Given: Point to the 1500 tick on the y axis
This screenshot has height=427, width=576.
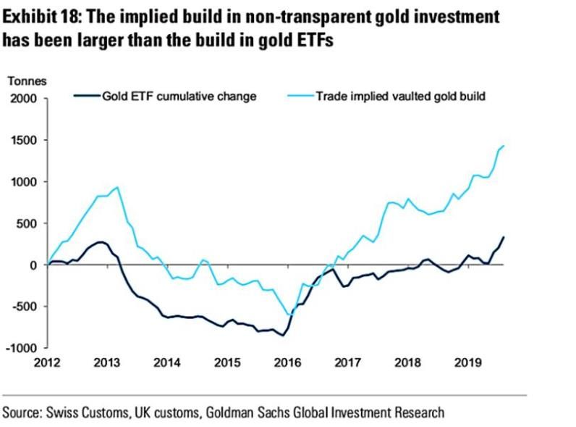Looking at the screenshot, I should (x=22, y=140).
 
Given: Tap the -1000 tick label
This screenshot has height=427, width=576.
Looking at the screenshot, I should (x=20, y=348).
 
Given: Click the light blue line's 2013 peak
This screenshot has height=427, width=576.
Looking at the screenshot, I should (x=118, y=187).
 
